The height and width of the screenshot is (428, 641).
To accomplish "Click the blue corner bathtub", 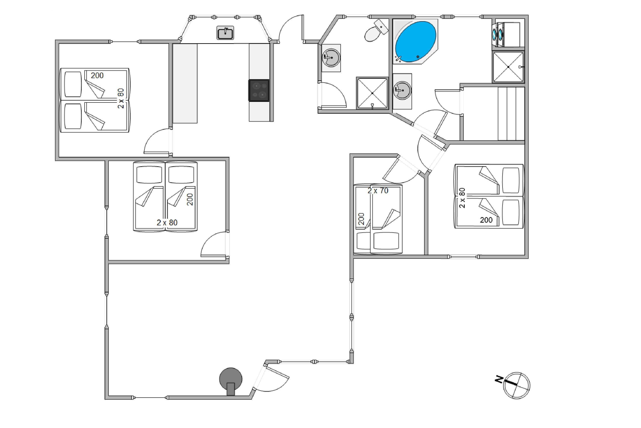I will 415,42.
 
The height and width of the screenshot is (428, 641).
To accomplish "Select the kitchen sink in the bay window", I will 225,33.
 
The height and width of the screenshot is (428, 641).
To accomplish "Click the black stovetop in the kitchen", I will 259,90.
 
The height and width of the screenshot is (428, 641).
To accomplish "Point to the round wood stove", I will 231,380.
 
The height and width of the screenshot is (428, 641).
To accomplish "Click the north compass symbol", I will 516,385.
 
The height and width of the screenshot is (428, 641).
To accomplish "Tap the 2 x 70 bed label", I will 378,191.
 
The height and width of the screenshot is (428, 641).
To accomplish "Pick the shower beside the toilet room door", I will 372,93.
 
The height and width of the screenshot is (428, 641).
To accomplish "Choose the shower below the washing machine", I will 508,67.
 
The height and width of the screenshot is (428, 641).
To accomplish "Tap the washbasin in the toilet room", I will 331,58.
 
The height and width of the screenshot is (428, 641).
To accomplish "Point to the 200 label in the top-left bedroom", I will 97,76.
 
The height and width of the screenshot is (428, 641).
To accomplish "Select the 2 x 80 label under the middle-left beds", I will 167,223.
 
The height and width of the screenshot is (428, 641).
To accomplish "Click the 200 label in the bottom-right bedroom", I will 486,220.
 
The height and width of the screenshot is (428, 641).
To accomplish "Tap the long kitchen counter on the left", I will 185,83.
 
